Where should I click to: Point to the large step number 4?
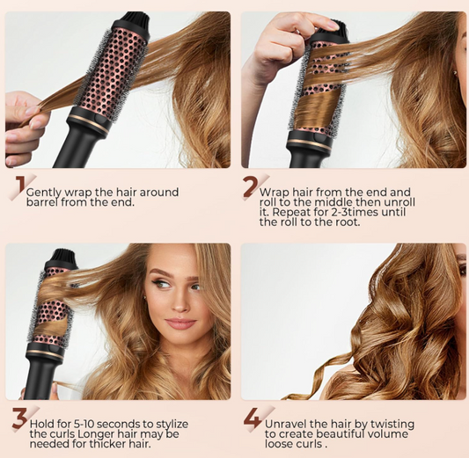click(x=253, y=419)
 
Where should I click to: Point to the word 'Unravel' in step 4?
click(x=287, y=425)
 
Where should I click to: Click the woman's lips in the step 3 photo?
click(x=180, y=323)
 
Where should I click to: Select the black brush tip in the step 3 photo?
click(x=63, y=258)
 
